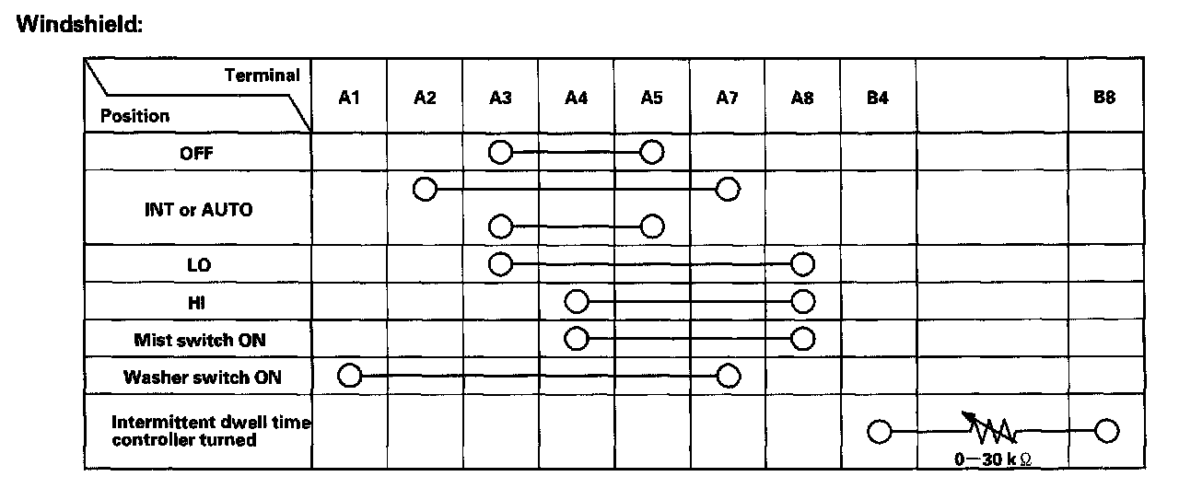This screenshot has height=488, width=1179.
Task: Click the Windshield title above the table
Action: pos(79,25)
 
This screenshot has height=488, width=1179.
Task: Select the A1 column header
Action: pos(348,98)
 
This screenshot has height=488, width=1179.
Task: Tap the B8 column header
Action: pos(1104,98)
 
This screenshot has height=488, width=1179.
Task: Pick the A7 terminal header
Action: pos(727,98)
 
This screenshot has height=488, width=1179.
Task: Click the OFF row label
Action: pos(196,154)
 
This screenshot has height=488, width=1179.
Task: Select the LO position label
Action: pos(198,265)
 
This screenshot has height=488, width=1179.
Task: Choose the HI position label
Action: pos(197,302)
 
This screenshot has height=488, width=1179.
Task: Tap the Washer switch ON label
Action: pos(202,377)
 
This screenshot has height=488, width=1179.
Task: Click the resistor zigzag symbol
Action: pos(991,428)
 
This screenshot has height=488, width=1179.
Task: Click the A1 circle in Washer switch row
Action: pos(348,375)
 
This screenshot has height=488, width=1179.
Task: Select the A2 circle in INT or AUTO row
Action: pos(425,190)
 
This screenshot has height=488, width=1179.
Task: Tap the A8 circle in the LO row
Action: pos(803,264)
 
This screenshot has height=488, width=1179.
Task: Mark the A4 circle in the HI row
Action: pos(577,301)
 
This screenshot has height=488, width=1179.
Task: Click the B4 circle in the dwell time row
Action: pos(879,430)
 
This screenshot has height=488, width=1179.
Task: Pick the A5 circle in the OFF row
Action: pos(652,152)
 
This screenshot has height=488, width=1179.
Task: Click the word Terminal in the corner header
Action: pos(263,76)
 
